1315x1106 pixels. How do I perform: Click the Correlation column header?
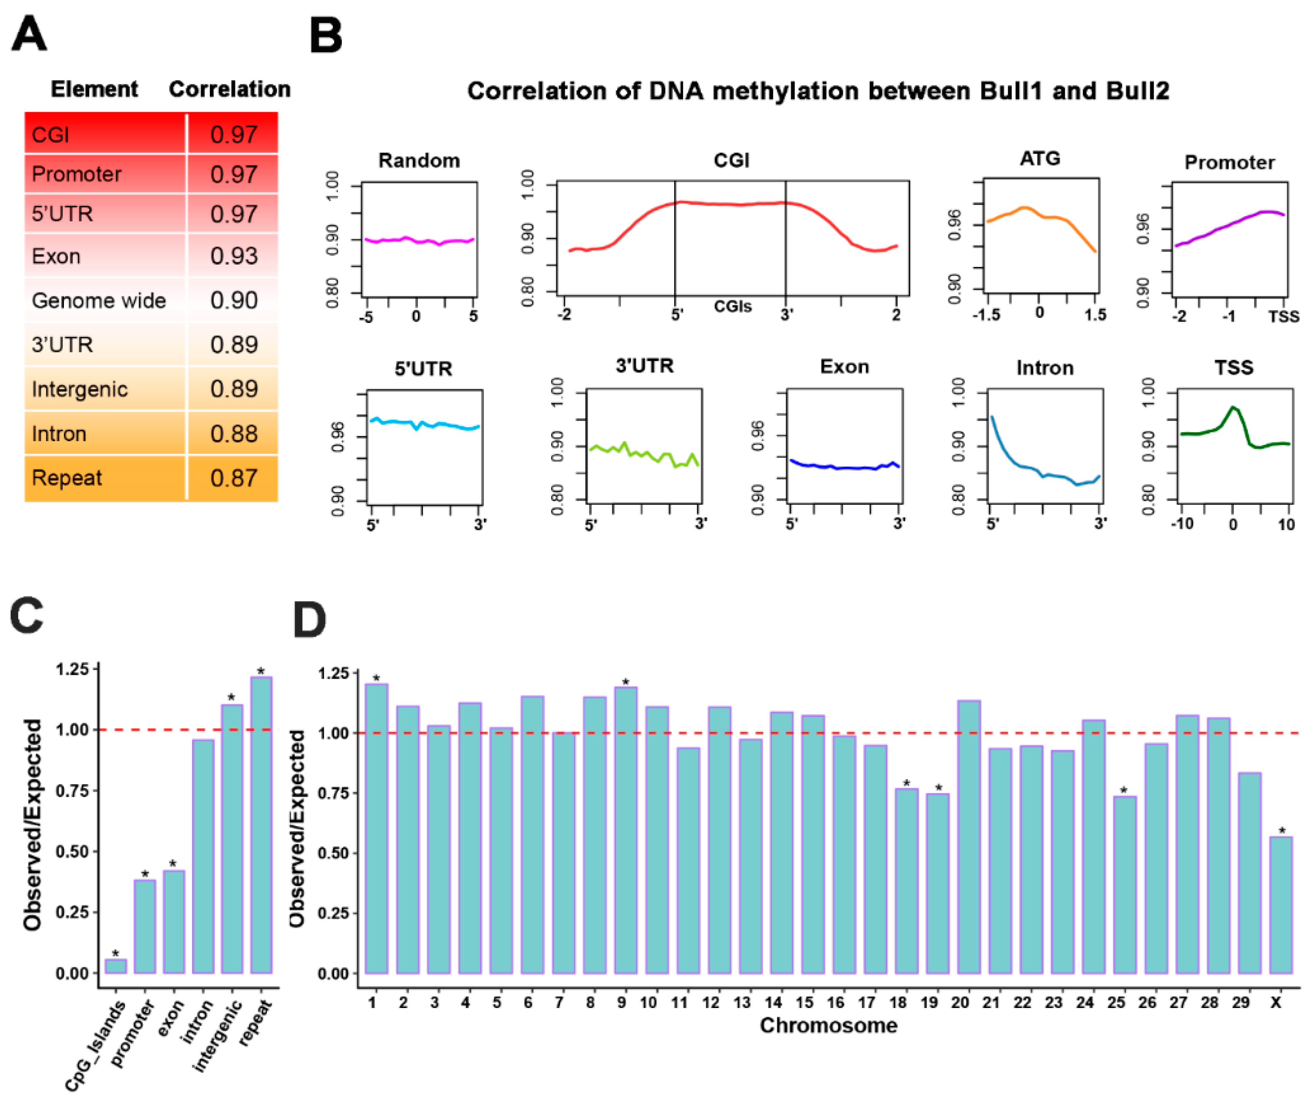pyautogui.click(x=230, y=89)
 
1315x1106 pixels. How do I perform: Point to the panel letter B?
pyautogui.click(x=326, y=36)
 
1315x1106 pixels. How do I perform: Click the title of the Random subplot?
pyautogui.click(x=419, y=161)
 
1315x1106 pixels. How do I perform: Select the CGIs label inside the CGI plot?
pyautogui.click(x=732, y=307)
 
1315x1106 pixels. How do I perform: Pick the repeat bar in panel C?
pyautogui.click(x=261, y=825)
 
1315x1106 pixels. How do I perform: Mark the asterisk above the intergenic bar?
pyautogui.click(x=231, y=697)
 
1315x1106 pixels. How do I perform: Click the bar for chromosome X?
pyautogui.click(x=1280, y=904)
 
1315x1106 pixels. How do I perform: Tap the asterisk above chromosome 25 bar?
pyautogui.click(x=1123, y=790)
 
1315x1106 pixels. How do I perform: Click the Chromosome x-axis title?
pyautogui.click(x=828, y=1025)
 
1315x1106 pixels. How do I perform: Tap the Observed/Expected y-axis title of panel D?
pyautogui.click(x=296, y=828)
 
